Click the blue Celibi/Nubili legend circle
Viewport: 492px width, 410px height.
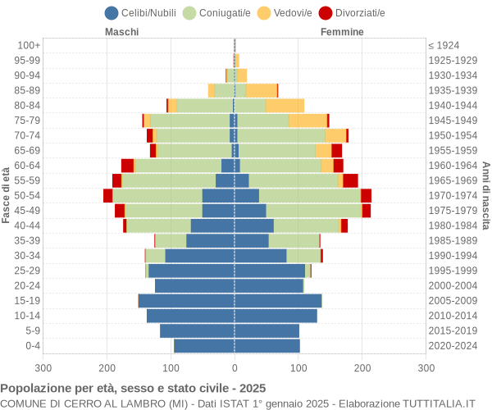pyautogui.click(x=112, y=12)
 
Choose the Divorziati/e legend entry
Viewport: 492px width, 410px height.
pyautogui.click(x=357, y=12)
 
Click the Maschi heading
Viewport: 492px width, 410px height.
pyautogui.click(x=121, y=32)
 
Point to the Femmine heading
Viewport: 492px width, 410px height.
pyautogui.click(x=342, y=32)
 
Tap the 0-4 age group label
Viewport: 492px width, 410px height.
pyautogui.click(x=32, y=345)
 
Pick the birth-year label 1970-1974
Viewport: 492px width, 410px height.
pyautogui.click(x=453, y=195)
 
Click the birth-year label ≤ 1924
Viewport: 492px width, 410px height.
pyautogui.click(x=444, y=45)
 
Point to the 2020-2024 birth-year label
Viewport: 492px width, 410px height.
pyautogui.click(x=453, y=345)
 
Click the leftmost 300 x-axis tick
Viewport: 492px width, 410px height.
pyautogui.click(x=43, y=369)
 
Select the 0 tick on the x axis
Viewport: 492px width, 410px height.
pyautogui.click(x=235, y=369)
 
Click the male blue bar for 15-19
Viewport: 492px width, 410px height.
pyautogui.click(x=186, y=301)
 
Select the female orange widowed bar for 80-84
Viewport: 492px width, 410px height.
pyautogui.click(x=285, y=105)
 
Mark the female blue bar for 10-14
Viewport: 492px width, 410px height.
pyautogui.click(x=276, y=316)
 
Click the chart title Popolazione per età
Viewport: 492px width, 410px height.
pyautogui.click(x=133, y=388)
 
